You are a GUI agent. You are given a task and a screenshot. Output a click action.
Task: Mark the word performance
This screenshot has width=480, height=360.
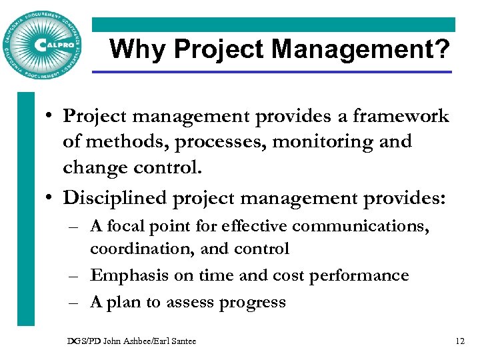[x=357, y=275]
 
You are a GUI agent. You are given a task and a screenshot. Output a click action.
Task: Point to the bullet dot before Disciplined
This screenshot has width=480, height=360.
[x=51, y=198]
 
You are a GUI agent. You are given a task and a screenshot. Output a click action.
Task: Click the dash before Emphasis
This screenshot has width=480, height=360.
[x=77, y=275]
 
